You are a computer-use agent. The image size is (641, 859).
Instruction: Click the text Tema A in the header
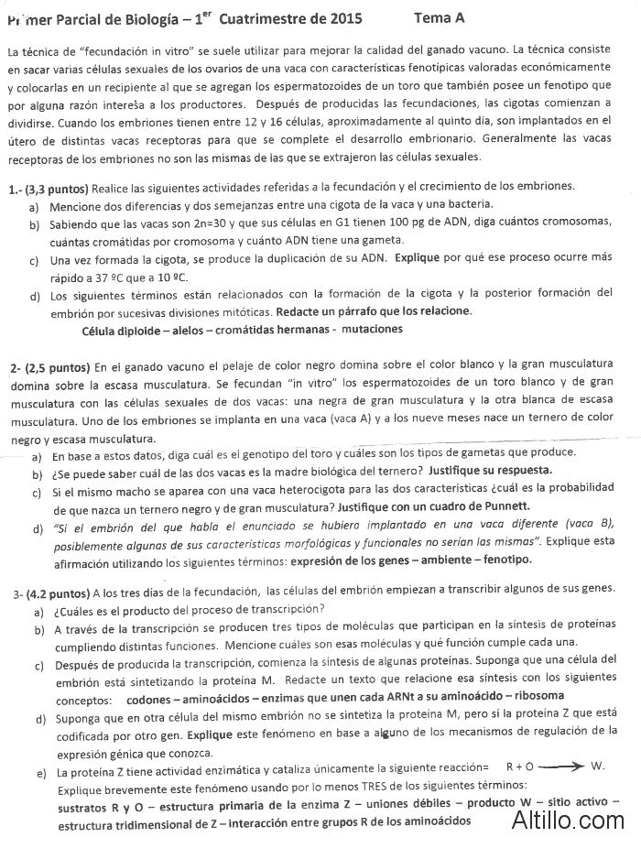tap(439, 17)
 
